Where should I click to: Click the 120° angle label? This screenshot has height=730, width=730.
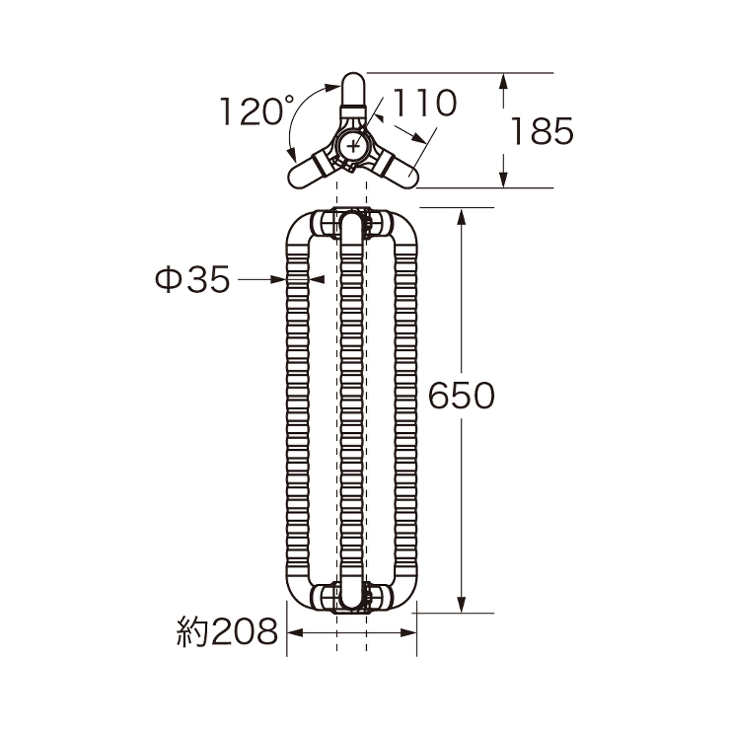point(256,110)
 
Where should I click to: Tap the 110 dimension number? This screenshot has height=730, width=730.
point(424,103)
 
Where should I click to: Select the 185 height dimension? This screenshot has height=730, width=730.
point(542,131)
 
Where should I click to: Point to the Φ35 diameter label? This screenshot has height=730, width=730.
point(192,279)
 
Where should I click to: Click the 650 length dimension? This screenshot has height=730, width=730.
point(461,396)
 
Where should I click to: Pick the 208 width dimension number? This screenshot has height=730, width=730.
point(245,631)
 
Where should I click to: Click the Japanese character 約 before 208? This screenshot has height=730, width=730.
point(192,631)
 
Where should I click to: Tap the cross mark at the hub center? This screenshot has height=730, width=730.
point(353,146)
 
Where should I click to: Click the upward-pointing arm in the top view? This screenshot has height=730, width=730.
point(353,95)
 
